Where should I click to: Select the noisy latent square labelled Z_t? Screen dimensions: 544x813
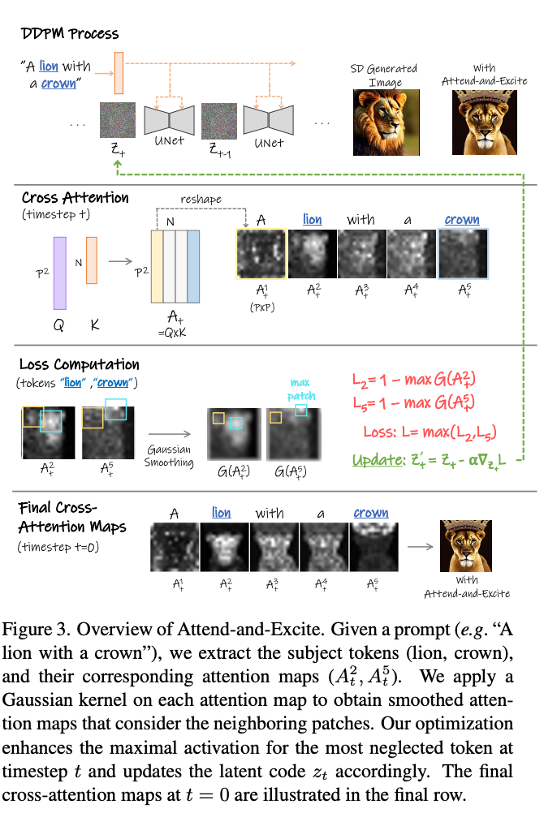(x=118, y=119)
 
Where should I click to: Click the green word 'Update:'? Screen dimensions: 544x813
(x=375, y=460)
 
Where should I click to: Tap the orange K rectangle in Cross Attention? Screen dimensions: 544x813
(x=92, y=260)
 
